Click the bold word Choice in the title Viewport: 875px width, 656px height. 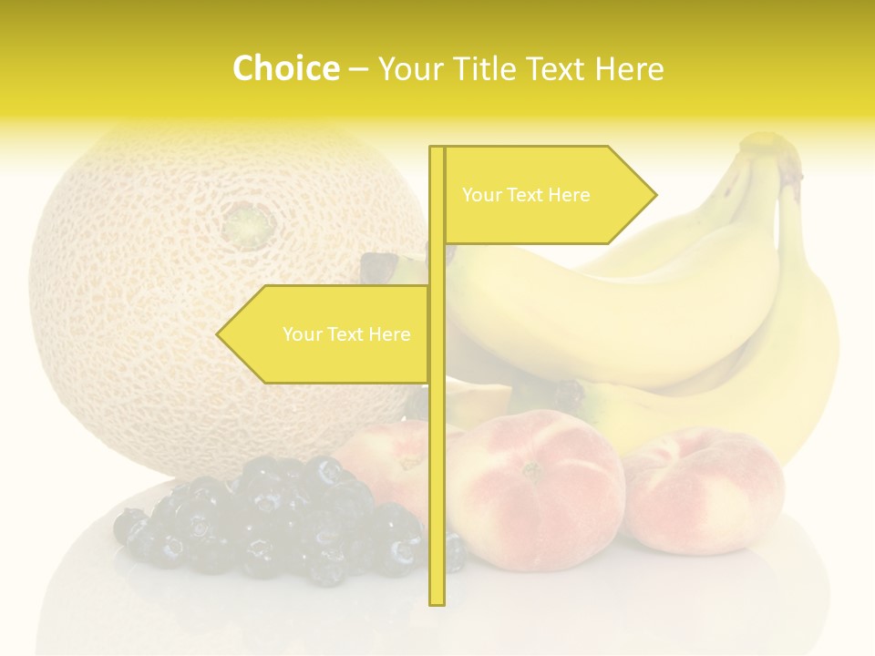click(285, 68)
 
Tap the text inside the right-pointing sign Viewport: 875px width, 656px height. click(526, 195)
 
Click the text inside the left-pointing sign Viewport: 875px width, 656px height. click(346, 334)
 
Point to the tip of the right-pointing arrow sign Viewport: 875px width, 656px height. click(654, 194)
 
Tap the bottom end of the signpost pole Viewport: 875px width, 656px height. click(437, 601)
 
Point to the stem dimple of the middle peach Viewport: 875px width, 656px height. click(531, 471)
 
